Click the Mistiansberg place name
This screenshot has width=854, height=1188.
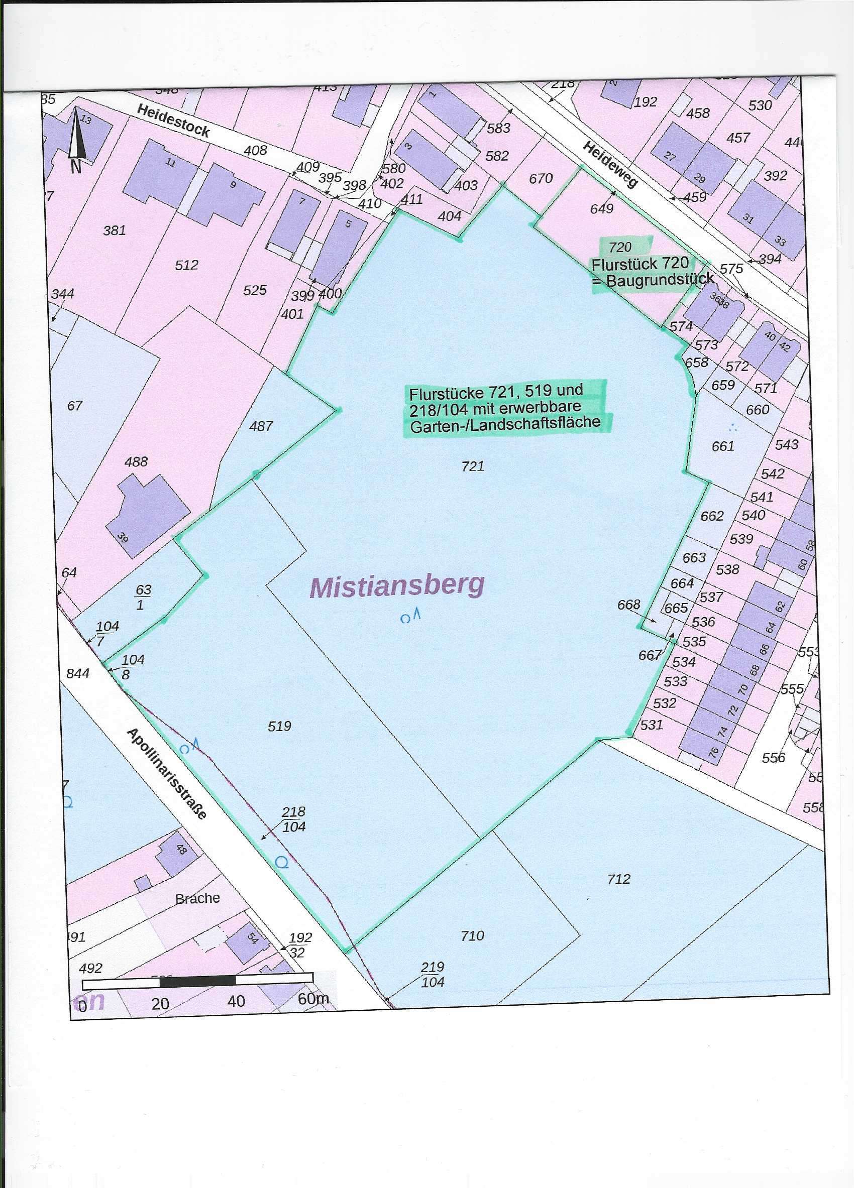click(x=397, y=585)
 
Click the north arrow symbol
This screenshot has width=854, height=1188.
click(x=76, y=136)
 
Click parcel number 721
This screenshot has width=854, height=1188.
click(x=473, y=465)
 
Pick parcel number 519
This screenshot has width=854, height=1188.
click(x=279, y=726)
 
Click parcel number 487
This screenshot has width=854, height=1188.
click(x=261, y=426)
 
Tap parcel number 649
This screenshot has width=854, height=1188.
click(x=601, y=208)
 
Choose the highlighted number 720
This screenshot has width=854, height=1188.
click(x=620, y=247)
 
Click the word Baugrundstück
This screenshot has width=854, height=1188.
click(x=660, y=279)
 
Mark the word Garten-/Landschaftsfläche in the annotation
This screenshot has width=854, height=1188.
click(x=504, y=424)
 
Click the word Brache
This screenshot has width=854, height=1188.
click(x=197, y=898)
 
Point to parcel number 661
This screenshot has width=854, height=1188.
click(x=722, y=446)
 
